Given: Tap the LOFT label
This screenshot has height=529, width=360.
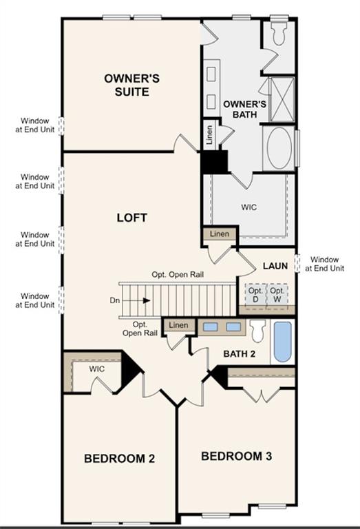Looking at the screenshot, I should [x=132, y=218].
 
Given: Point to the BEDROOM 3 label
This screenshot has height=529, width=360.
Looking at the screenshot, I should [x=231, y=456].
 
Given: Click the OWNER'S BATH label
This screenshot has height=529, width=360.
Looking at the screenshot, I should [x=240, y=109].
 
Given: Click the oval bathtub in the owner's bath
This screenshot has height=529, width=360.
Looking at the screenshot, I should [x=280, y=147].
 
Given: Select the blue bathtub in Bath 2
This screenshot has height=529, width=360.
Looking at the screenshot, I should [x=282, y=341].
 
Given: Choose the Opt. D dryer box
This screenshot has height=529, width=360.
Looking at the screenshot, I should [x=255, y=295].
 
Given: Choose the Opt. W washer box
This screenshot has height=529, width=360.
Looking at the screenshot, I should [x=277, y=295].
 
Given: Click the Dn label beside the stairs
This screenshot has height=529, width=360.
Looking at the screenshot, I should [x=115, y=300].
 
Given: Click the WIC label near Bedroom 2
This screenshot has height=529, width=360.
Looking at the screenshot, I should [x=97, y=369].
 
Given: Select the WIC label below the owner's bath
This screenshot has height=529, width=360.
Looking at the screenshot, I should [x=248, y=206].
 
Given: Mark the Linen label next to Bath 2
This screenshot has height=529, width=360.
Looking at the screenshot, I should [x=178, y=325].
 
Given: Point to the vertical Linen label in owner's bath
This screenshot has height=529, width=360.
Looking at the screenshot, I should [x=209, y=135].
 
